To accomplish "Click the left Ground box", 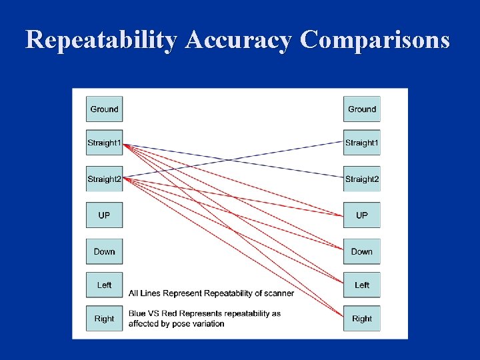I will [x=104, y=109].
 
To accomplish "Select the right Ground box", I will [x=362, y=109].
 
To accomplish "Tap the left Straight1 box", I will [x=104, y=143].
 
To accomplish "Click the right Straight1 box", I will [x=362, y=143].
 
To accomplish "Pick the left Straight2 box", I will [x=104, y=179].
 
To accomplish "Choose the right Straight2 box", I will [x=362, y=179].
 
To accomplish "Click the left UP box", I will [x=104, y=215].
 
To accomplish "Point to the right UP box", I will [x=362, y=215].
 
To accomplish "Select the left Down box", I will [x=104, y=251].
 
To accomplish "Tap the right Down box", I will [x=362, y=251].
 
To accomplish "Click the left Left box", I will [x=104, y=285].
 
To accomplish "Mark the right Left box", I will [x=362, y=285].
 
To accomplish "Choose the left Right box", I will [x=104, y=319].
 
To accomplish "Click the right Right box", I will [x=362, y=319].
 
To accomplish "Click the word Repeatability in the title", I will [x=101, y=41].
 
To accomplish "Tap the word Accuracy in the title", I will [x=239, y=41].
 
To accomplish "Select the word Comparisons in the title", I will [x=375, y=41].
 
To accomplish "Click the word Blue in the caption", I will [x=137, y=313].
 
